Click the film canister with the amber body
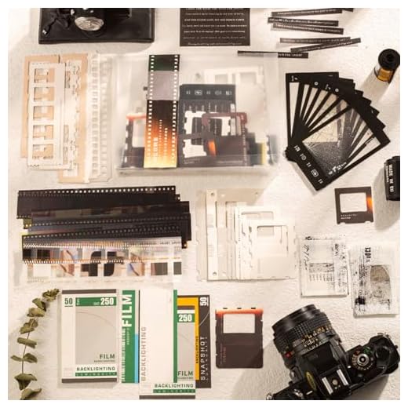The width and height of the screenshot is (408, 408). (x=385, y=64)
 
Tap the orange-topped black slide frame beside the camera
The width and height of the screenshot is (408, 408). (x=239, y=337)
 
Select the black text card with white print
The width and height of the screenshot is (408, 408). (x=213, y=27)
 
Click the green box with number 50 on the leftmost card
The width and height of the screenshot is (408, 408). (x=68, y=302)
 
